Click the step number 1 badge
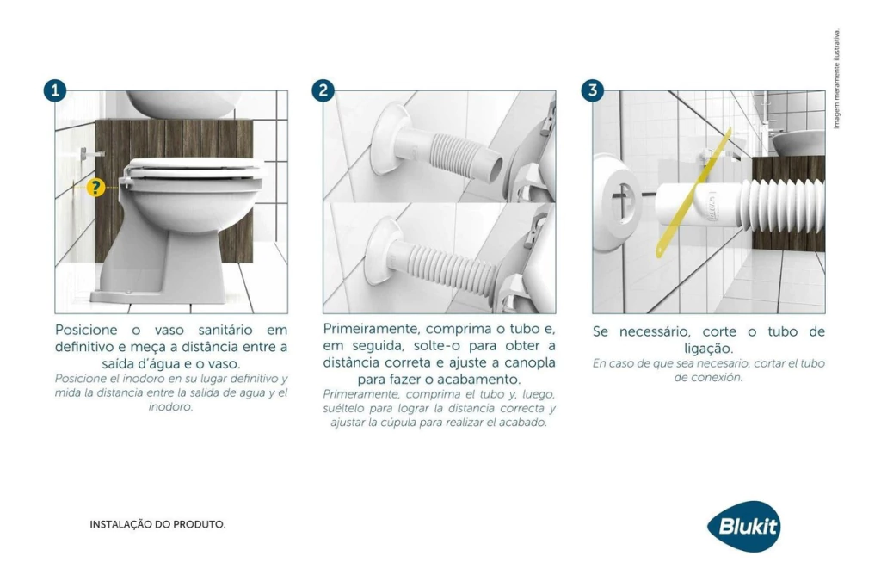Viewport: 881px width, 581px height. point(55,90)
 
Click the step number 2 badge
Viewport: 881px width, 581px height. point(323,90)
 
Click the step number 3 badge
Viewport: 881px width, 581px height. point(592,90)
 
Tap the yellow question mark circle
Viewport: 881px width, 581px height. point(95,188)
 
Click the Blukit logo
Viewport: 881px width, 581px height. point(744,527)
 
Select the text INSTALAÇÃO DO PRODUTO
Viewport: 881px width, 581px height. point(158,525)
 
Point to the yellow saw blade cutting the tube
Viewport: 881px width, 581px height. point(694,192)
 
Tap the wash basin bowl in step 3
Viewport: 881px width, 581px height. point(798,142)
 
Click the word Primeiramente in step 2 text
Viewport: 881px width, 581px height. point(372,329)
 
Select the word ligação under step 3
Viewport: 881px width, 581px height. point(709,349)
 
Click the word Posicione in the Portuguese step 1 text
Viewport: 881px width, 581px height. point(87,330)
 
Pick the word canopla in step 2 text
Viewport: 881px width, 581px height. point(529,363)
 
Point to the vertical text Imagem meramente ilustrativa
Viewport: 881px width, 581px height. point(836,79)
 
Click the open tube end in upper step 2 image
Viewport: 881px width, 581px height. point(495,170)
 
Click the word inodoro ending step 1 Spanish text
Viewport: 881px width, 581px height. point(171,406)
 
